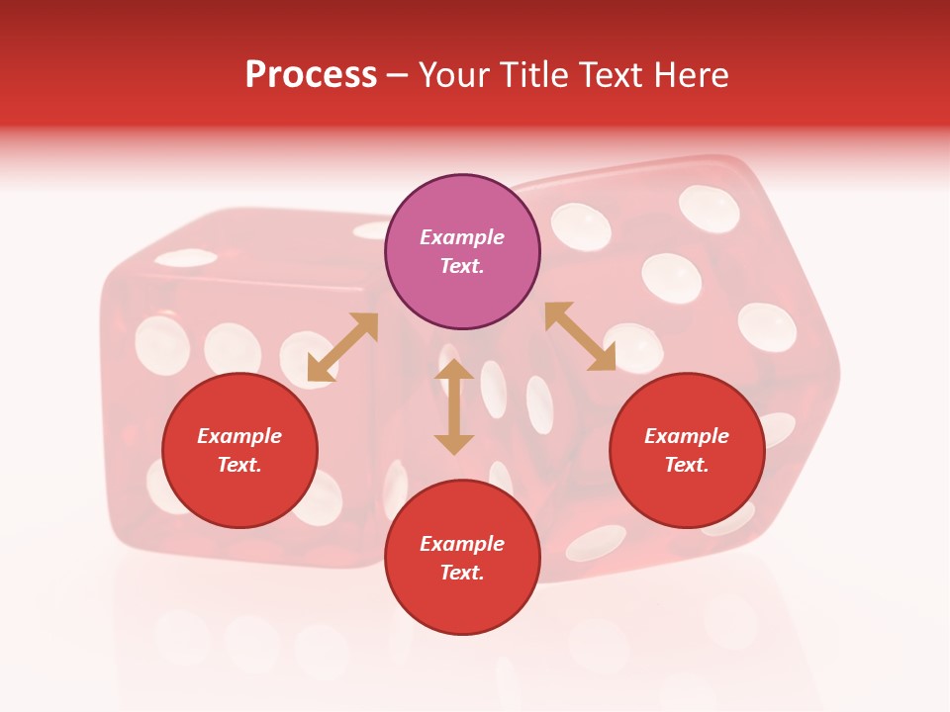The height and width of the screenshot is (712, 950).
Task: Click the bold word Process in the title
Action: point(311,75)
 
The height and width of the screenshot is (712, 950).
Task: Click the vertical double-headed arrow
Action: point(454,407)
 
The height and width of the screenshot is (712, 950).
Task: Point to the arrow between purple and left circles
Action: point(342,347)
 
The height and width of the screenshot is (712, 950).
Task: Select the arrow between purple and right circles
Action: point(580,336)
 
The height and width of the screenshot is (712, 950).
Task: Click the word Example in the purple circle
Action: point(462,237)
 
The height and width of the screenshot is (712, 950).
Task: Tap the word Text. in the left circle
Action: point(239,465)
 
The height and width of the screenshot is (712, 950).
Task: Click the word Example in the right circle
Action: point(687,436)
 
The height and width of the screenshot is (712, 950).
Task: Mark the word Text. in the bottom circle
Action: point(462,573)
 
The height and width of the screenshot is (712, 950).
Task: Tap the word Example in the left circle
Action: point(239,436)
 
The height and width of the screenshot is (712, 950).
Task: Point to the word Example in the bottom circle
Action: point(462,544)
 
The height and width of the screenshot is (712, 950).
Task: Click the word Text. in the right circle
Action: point(687,465)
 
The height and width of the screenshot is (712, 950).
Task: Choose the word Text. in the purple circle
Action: point(462,266)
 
